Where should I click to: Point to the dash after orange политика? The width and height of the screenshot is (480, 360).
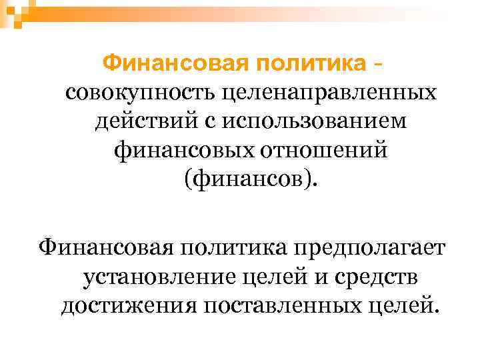(378, 65)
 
